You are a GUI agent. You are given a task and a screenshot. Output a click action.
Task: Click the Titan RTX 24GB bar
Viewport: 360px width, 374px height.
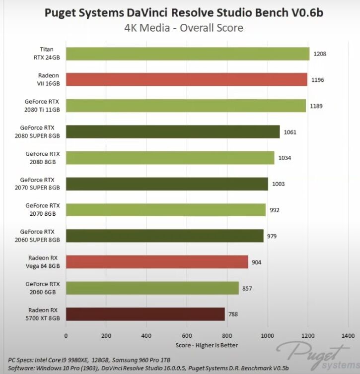tap(187, 54)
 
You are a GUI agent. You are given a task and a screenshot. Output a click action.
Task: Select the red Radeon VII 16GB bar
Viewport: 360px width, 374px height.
tap(186, 79)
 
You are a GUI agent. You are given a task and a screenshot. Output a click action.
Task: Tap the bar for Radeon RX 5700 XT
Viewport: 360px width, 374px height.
tap(145, 314)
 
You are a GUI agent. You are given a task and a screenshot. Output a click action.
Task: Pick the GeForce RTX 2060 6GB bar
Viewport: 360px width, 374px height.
tap(152, 288)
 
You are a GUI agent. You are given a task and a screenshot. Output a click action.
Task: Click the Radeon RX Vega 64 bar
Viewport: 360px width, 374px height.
tap(157, 262)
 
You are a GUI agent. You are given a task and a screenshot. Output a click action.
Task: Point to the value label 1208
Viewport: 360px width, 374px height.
tap(320, 54)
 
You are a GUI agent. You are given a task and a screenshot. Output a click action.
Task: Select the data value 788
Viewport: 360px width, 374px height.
tap(233, 314)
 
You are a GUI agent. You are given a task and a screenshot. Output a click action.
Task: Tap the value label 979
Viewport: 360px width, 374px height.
tap(272, 236)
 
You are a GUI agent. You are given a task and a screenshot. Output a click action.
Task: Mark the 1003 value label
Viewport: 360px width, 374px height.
tap(279, 184)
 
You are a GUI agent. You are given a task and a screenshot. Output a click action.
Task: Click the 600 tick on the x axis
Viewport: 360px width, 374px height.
tap(187, 335)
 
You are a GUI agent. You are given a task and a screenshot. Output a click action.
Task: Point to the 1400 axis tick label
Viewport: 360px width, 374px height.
tap(348, 335)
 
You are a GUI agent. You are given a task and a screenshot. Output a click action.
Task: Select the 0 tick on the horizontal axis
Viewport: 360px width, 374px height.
tap(66, 335)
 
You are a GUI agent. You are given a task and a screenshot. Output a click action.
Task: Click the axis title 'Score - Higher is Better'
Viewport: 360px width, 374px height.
tap(207, 345)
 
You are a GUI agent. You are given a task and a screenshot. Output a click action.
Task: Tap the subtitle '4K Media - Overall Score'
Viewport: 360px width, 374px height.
tap(184, 28)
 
